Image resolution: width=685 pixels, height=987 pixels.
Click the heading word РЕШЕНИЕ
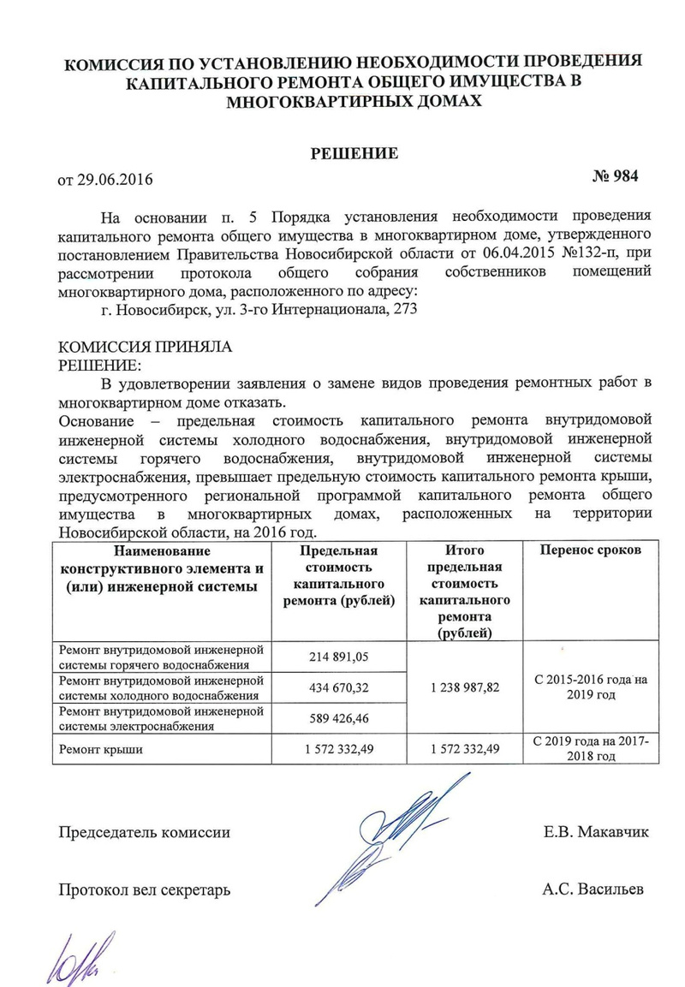pyautogui.click(x=354, y=154)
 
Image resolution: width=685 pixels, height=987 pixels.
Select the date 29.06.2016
pyautogui.click(x=117, y=181)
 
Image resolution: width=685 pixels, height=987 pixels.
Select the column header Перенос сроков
pyautogui.click(x=589, y=550)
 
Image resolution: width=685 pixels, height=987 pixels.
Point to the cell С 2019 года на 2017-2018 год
pyautogui.click(x=590, y=749)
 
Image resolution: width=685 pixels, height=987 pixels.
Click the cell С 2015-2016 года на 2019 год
pyautogui.click(x=590, y=687)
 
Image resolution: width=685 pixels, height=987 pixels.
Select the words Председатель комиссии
pyautogui.click(x=144, y=831)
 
